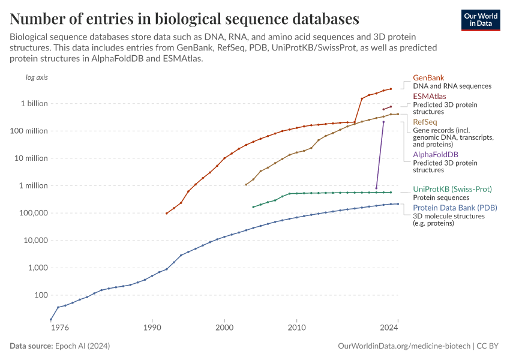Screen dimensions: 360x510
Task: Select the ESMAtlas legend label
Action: (429, 96)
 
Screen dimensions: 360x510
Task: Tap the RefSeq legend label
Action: (425, 122)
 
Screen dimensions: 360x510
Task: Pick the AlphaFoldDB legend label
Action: (436, 155)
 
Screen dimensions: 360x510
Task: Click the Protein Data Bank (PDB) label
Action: (455, 208)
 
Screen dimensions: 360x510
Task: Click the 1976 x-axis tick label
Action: (59, 328)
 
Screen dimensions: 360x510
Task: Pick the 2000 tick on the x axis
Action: (224, 328)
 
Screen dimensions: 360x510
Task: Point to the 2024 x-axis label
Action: (389, 328)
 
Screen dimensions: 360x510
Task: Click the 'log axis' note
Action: (36, 78)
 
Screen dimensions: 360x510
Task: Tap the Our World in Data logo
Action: (480, 20)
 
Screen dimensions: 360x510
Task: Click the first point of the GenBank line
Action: (166, 213)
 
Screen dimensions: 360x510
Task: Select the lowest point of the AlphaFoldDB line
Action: (376, 188)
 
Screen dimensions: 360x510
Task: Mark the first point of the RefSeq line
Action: (246, 184)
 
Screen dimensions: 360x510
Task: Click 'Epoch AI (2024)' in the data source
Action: (82, 346)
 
